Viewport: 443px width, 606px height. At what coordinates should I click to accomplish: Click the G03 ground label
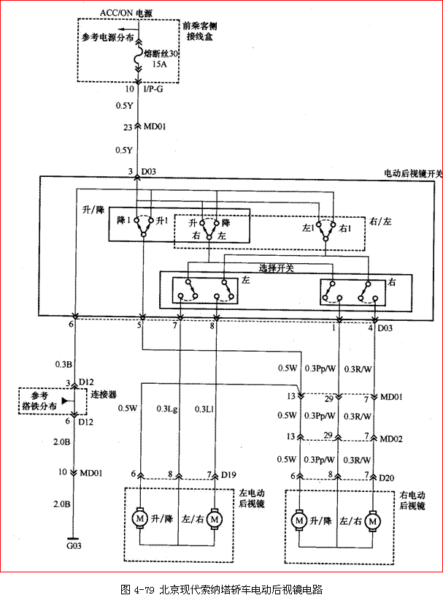[x=74, y=545]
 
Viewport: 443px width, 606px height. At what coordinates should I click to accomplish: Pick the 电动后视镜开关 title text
[x=413, y=173]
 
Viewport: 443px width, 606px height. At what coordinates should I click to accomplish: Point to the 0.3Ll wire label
[x=204, y=409]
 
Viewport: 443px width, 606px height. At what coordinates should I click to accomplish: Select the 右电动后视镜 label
[x=412, y=499]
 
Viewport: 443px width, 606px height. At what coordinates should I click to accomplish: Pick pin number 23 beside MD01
[x=128, y=126]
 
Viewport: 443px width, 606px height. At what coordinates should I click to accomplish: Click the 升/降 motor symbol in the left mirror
[x=139, y=518]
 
